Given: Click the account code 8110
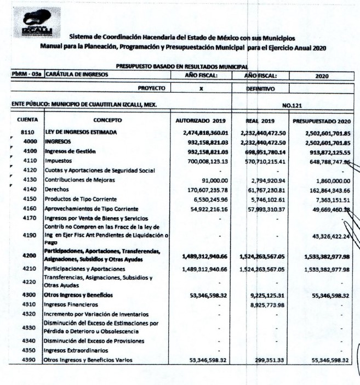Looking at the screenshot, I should [27, 132].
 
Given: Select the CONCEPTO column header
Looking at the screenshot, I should [107, 119].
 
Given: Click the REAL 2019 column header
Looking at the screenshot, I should [261, 120].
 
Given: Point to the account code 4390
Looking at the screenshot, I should [27, 360].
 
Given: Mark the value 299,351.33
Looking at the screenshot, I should [268, 360].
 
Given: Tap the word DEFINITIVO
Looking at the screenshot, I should [260, 88].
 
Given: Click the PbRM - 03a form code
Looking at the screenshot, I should [26, 76].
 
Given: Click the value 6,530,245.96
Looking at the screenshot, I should [204, 200].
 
